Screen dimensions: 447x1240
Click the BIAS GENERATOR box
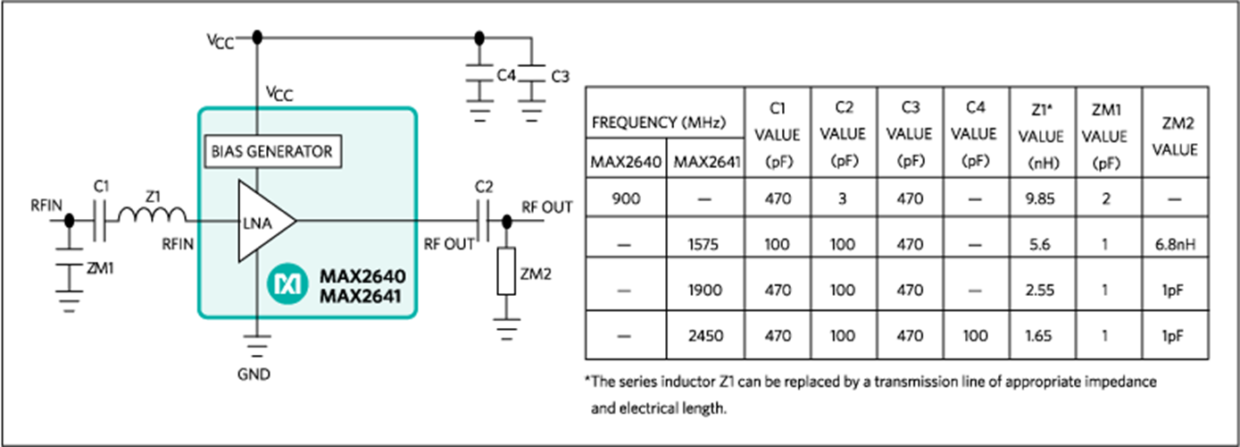[271, 151]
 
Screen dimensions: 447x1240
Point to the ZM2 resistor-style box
[506, 273]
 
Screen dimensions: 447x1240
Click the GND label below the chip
[256, 375]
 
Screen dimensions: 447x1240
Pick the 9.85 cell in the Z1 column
[1044, 198]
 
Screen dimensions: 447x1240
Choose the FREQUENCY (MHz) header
[664, 122]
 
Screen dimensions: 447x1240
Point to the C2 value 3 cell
[844, 198]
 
